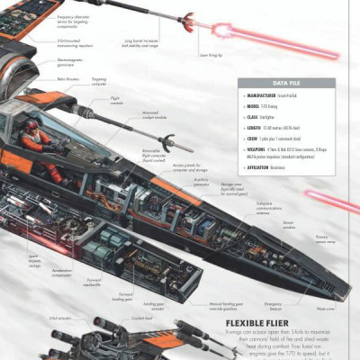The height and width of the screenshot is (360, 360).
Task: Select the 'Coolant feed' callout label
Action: click(142, 319)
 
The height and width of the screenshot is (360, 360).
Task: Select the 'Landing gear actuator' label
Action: click(158, 306)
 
